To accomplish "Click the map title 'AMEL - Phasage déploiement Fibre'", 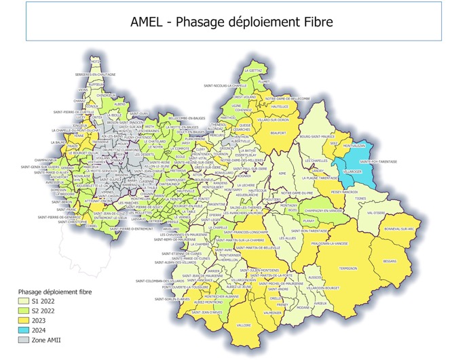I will point(231,22).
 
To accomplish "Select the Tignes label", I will point(379,199).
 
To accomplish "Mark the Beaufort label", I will point(279,134).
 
